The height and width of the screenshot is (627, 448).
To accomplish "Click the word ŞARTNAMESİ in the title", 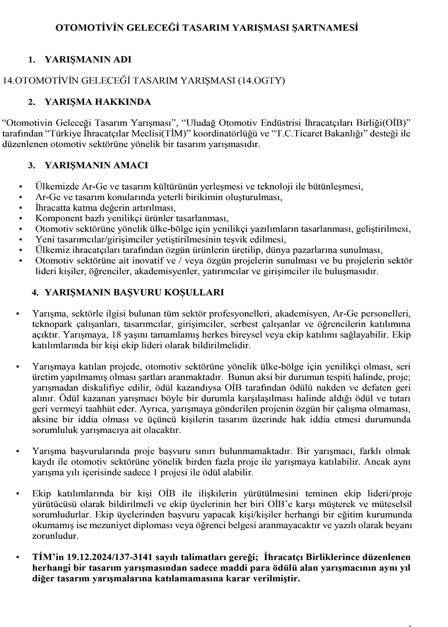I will (x=327, y=28).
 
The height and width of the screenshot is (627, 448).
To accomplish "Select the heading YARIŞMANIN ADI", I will (x=88, y=60).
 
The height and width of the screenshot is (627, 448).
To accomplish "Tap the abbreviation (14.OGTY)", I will (x=261, y=80).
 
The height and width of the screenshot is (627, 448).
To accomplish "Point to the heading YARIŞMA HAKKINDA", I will (x=98, y=102).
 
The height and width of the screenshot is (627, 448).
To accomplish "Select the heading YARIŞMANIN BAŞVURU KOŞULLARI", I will (x=134, y=293).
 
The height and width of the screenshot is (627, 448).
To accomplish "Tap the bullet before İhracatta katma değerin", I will (x=20, y=208).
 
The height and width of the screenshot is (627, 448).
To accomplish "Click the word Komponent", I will (x=57, y=218).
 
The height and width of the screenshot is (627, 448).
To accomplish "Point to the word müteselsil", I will (x=392, y=504).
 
